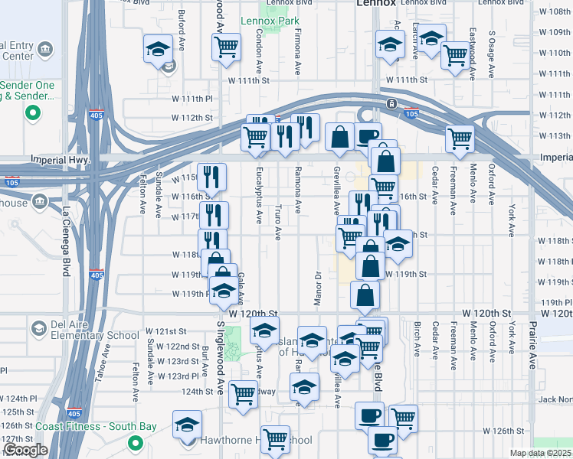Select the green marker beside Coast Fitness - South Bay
pos(136,442)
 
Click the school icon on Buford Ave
pos(158,50)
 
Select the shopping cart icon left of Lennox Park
pos(227,47)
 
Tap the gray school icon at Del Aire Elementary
pos(38,328)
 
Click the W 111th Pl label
pos(192,99)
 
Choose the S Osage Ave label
pos(492,47)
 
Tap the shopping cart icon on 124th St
pos(243,395)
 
